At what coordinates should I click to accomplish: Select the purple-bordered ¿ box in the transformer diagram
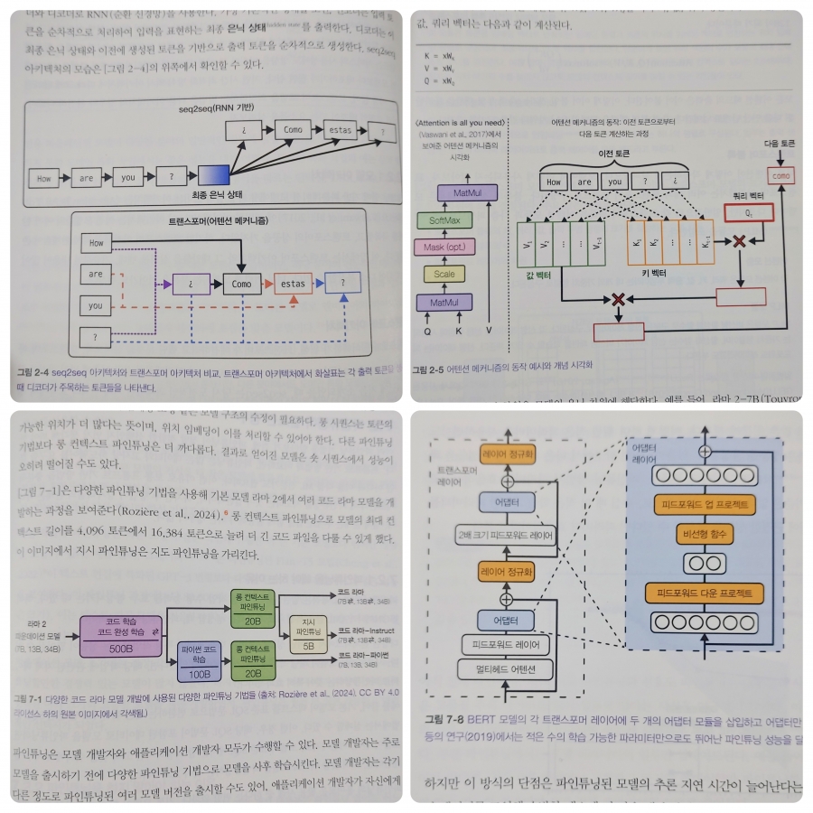point(191,283)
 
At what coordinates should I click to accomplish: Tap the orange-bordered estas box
point(293,283)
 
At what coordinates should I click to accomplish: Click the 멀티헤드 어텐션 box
point(506,669)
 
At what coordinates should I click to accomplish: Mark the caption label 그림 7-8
point(444,720)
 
